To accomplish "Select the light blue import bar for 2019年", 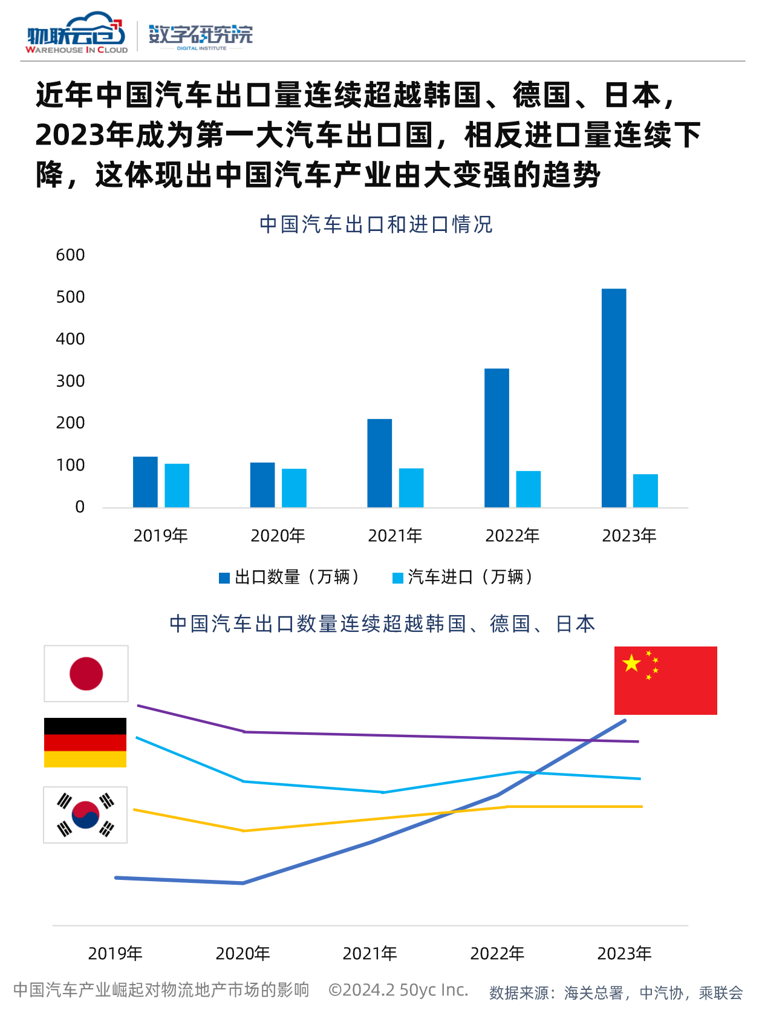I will pyautogui.click(x=177, y=485).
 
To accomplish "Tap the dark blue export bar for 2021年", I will pyautogui.click(x=380, y=463).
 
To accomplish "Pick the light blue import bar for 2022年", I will pyautogui.click(x=529, y=489).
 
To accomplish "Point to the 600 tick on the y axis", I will pyautogui.click(x=70, y=255).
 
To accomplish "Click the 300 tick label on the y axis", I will pyautogui.click(x=70, y=381).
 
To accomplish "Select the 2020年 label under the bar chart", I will pyautogui.click(x=278, y=536).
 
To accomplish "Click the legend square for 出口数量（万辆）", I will pyautogui.click(x=224, y=578).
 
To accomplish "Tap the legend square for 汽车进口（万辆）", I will pyautogui.click(x=398, y=578).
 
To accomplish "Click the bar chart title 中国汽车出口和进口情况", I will pyautogui.click(x=376, y=224).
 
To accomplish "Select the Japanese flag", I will pyautogui.click(x=86, y=673).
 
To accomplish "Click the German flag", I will pyautogui.click(x=85, y=743).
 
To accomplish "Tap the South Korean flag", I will pyautogui.click(x=85, y=815).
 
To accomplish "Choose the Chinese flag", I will pyautogui.click(x=665, y=680).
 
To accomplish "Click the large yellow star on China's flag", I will pyautogui.click(x=631, y=663).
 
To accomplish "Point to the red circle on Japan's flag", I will pyautogui.click(x=86, y=674).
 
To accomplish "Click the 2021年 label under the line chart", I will pyautogui.click(x=370, y=954).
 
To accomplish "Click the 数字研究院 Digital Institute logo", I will pyautogui.click(x=201, y=36).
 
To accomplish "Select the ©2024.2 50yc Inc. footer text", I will pyautogui.click(x=399, y=990).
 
